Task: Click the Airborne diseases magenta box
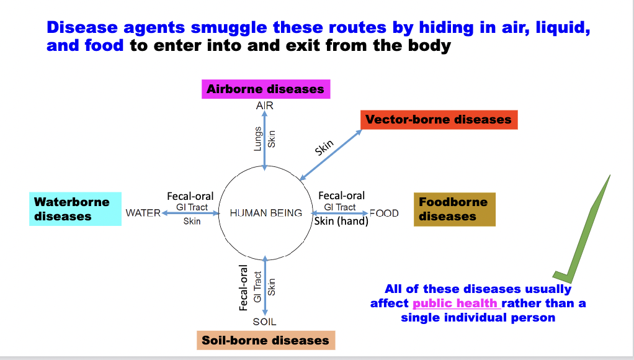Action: click(266, 89)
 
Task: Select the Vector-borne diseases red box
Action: click(439, 120)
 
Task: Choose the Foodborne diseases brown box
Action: click(454, 209)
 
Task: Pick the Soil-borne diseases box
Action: click(265, 340)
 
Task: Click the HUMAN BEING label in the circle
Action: click(266, 213)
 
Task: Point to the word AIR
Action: click(265, 106)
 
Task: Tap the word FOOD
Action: click(384, 213)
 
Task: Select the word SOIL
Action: click(265, 322)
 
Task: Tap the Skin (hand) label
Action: click(341, 221)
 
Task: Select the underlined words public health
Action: click(455, 304)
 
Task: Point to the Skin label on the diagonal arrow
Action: click(324, 148)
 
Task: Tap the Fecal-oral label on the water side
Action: click(190, 196)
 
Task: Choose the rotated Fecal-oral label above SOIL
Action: click(244, 287)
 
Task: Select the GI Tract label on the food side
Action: click(340, 207)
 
